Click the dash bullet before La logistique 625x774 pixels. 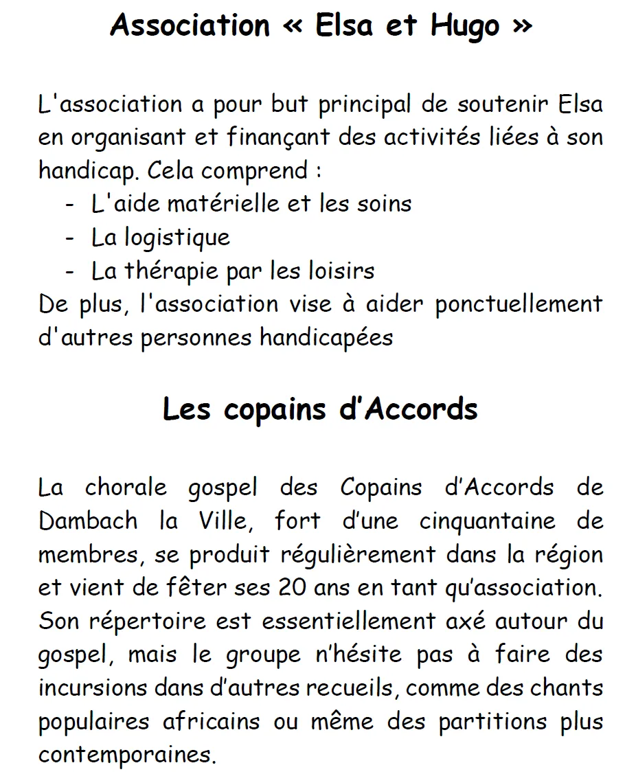click(69, 238)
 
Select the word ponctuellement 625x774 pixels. click(519, 304)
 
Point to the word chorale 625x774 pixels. click(126, 488)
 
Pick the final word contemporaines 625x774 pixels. click(127, 755)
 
